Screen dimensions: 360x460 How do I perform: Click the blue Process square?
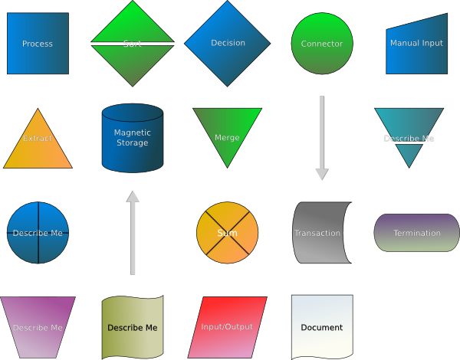[x=38, y=44]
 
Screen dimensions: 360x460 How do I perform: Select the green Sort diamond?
[x=133, y=44]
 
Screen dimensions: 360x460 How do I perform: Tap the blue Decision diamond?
[x=227, y=44]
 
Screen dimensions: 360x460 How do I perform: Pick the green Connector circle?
[x=322, y=44]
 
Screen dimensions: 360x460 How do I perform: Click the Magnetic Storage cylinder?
[x=133, y=138]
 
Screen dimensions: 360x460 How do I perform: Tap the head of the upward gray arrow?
[x=133, y=197]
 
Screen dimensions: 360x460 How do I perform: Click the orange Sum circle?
[x=227, y=233]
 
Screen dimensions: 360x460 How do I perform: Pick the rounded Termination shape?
[x=416, y=233]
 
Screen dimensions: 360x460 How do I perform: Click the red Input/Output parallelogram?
[x=227, y=327]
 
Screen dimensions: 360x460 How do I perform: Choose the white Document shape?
[x=322, y=327]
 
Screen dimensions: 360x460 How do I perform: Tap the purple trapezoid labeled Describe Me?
[x=38, y=327]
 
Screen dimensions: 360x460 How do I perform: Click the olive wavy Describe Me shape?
[x=133, y=327]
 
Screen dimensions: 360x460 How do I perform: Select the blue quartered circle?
[x=38, y=233]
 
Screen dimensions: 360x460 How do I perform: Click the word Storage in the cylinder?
[x=133, y=143]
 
